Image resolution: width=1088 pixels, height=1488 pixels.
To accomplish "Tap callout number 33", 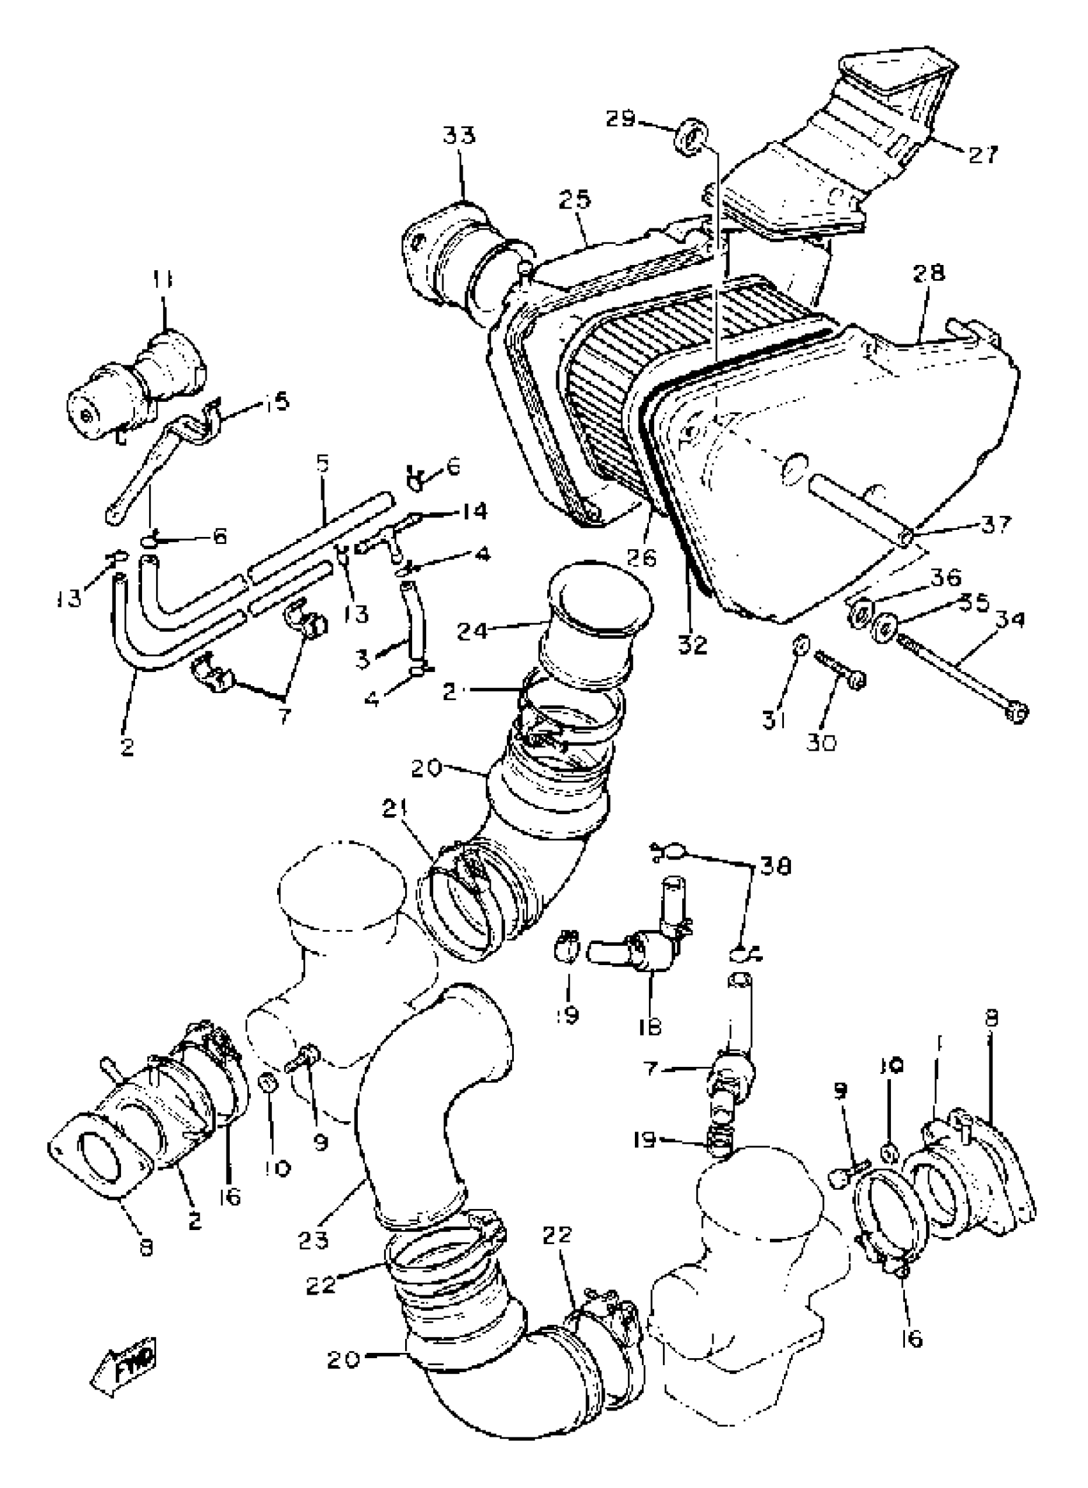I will click(459, 136).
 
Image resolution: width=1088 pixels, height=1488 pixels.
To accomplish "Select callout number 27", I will click(982, 156).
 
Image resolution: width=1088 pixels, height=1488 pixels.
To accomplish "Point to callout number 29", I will click(621, 119).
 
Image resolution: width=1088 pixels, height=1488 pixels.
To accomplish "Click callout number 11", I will click(163, 280).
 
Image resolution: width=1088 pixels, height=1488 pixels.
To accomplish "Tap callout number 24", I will click(473, 632).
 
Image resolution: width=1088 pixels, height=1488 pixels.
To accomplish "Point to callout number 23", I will click(313, 1240).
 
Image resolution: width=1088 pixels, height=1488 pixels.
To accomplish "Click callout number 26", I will click(641, 557).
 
